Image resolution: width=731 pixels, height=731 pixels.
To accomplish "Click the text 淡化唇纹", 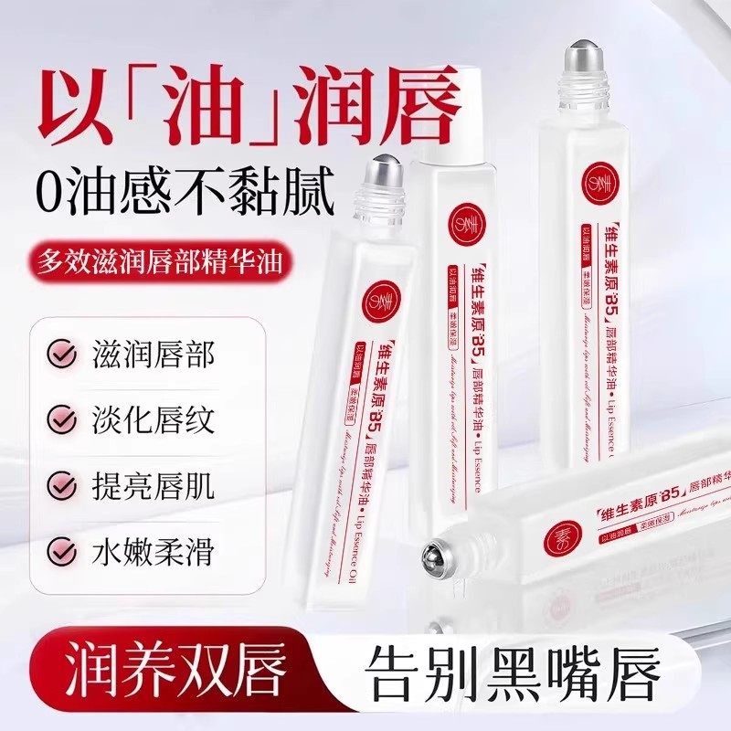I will pos(154,420).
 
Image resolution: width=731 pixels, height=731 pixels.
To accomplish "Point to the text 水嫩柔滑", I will pos(154,551).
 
